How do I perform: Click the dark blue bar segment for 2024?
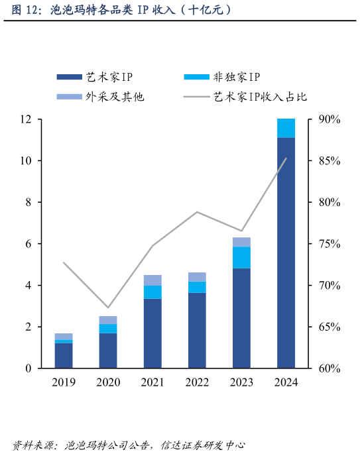286,253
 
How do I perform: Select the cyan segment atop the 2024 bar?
286,128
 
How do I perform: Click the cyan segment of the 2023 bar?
241,257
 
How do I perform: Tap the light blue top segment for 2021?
152,280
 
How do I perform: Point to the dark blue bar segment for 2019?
64,355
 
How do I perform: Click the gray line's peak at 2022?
197,212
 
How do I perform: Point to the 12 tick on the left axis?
27,119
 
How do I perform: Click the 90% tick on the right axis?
329,119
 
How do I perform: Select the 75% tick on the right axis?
329,244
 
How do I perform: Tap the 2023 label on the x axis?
241,382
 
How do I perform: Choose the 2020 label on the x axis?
108,382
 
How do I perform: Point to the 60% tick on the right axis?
329,369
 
